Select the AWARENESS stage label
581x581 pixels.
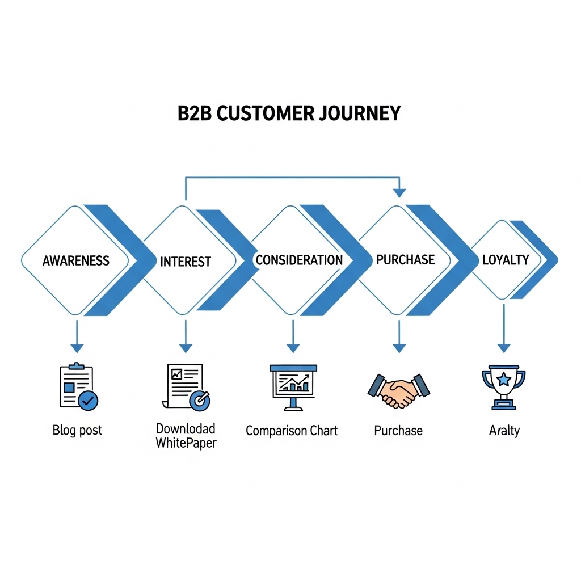76,261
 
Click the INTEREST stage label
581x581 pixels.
186,262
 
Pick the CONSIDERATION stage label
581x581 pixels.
299,260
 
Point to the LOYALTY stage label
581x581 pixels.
506,260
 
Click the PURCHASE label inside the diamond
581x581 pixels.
405,260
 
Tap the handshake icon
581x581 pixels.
399,390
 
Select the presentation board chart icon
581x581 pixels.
293,386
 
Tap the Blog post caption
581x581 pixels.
77,430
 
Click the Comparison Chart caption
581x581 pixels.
292,431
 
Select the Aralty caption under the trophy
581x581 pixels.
504,431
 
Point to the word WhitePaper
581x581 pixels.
186,443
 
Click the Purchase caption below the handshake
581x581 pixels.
398,431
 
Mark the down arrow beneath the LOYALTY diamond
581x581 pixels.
504,347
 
